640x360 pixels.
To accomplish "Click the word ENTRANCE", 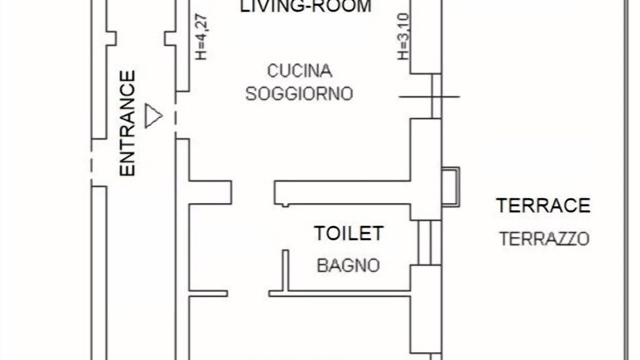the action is pos(127,123).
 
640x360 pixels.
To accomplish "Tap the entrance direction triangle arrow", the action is pos(153,115).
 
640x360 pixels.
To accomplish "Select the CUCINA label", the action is pos(299,71).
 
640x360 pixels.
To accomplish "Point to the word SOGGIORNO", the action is pos(299,93).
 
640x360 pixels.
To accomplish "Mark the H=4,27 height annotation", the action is pos(201,37).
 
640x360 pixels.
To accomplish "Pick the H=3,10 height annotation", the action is pos(403,37).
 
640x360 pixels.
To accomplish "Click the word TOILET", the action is pos(348,233).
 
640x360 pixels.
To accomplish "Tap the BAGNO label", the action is pos(348,265).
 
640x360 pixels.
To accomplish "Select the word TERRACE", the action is pos(543,205).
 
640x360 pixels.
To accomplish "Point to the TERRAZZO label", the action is pos(544,239).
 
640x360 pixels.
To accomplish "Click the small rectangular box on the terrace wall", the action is pos(451,187).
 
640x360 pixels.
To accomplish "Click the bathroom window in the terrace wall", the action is pos(429,242).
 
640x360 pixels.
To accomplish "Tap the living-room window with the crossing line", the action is pos(436,96).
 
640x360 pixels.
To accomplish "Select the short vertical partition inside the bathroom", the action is pos(285,270).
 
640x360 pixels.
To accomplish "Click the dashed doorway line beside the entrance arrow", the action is pos(175,115).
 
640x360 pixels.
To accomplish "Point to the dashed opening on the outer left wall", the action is pos(91,162).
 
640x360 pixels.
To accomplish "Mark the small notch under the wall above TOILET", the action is pos(285,205).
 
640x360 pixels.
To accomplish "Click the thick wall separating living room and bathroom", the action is pos(342,192).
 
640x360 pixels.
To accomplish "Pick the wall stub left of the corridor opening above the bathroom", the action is pos(210,192).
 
